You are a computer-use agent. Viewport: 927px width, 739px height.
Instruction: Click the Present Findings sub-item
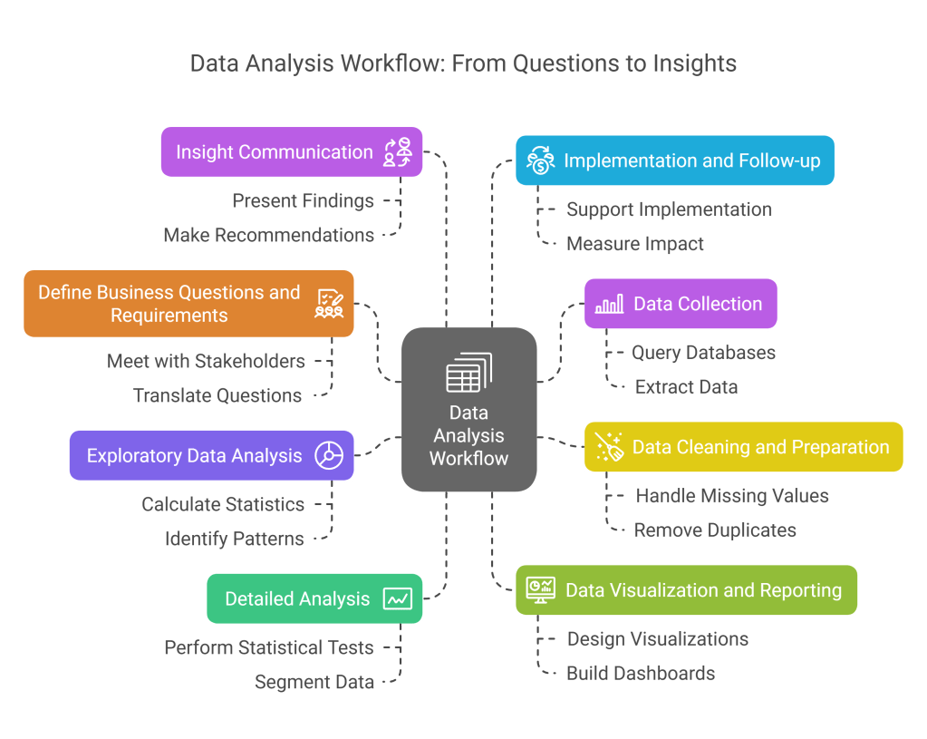(303, 200)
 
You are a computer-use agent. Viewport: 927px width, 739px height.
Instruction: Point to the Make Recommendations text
(268, 235)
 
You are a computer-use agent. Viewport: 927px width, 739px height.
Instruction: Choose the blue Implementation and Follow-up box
(674, 160)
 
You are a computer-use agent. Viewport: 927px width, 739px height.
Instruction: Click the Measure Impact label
(635, 243)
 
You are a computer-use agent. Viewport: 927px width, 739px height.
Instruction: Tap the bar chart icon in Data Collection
(609, 304)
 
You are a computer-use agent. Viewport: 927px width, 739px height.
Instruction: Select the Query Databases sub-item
(703, 352)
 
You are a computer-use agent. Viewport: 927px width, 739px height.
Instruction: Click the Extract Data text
(686, 386)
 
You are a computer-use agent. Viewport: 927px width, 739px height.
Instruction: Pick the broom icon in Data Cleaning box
(609, 447)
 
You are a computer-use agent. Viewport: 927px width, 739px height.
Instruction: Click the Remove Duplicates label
(715, 530)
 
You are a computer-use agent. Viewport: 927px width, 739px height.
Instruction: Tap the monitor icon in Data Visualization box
(541, 590)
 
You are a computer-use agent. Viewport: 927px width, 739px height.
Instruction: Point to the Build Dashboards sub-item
(641, 673)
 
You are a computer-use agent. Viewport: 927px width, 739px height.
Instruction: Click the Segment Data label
(314, 682)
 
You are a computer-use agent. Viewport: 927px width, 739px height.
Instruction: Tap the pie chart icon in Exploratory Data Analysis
(328, 455)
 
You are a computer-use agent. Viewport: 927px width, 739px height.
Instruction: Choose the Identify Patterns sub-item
(235, 539)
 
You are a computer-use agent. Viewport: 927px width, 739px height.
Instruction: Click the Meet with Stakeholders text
(206, 361)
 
